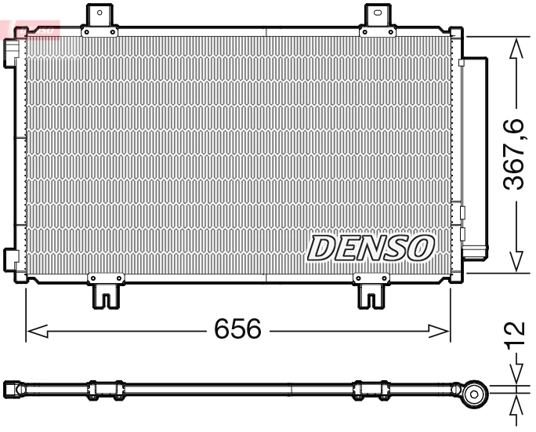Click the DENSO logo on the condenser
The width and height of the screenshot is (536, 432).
tap(370, 247)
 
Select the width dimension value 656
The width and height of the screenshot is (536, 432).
tap(237, 330)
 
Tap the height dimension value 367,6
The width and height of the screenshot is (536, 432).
tap(514, 155)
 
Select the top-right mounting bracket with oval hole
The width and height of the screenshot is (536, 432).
tap(378, 16)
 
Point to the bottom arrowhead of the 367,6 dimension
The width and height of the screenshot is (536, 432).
tap(515, 262)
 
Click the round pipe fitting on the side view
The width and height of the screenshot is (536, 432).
tap(473, 394)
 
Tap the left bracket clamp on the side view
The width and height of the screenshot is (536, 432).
tap(106, 390)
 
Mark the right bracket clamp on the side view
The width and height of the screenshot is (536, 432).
tap(369, 390)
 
